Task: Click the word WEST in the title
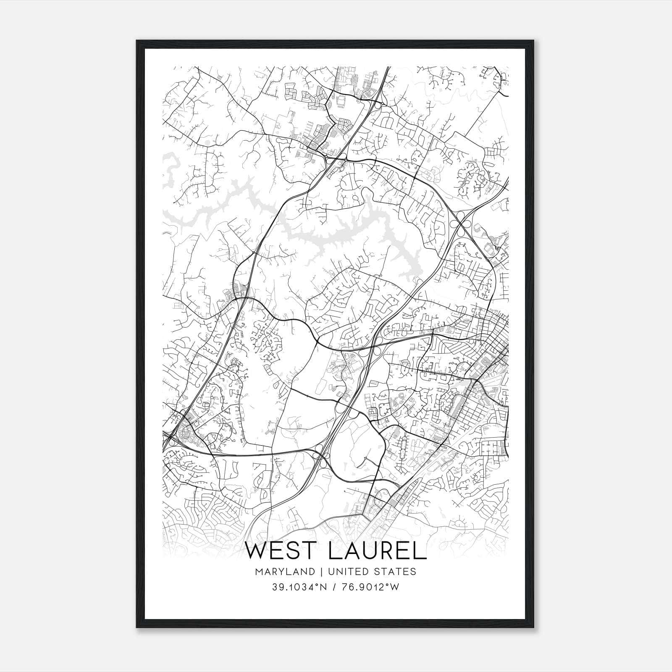coord(281,551)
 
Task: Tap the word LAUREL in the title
coord(378,551)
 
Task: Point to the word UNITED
coord(344,572)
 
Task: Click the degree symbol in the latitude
coord(319,585)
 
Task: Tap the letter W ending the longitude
coord(394,588)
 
